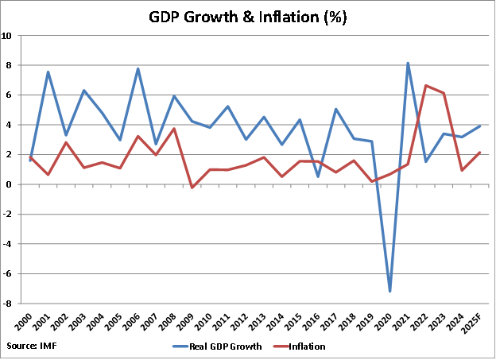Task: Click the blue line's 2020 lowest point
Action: coord(390,292)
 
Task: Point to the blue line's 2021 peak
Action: coord(409,63)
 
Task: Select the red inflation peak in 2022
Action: coord(426,86)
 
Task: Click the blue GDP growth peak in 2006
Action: coord(138,68)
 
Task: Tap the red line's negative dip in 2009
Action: coord(192,188)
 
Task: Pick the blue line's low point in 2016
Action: coord(318,176)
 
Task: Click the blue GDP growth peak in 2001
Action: coord(48,72)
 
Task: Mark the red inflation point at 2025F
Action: coord(480,153)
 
